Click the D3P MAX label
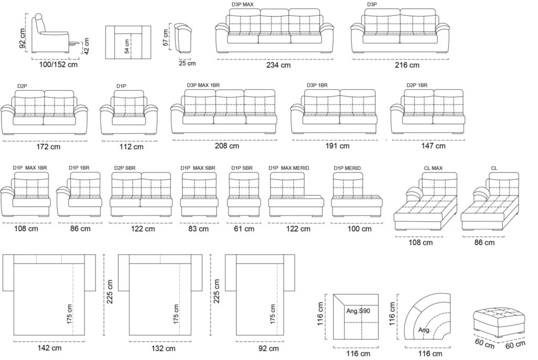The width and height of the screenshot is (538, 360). coord(242,5)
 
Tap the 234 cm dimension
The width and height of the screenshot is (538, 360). coord(278,65)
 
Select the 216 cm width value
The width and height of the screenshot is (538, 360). coord(407,65)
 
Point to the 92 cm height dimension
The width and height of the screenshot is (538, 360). coord(23,38)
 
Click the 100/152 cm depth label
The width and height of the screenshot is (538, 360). coord(58,64)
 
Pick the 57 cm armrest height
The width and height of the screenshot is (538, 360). coord(165,37)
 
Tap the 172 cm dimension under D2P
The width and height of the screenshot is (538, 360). coord(48,147)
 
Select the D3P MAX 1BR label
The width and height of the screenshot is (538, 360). coord(203,85)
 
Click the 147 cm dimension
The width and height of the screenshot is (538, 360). coord(433,146)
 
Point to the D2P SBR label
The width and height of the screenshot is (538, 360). coord(125,168)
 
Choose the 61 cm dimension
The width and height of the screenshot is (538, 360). coord(244,229)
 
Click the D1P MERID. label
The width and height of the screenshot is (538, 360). coord(348,168)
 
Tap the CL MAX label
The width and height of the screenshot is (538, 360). coord(433,168)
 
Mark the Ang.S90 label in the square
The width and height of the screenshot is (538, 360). coord(358,311)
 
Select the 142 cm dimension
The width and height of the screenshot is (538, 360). coord(49,348)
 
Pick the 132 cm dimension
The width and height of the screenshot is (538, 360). coord(163,348)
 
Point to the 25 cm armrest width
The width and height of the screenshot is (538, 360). coord(187,63)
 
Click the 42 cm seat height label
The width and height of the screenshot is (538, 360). coord(87,46)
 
